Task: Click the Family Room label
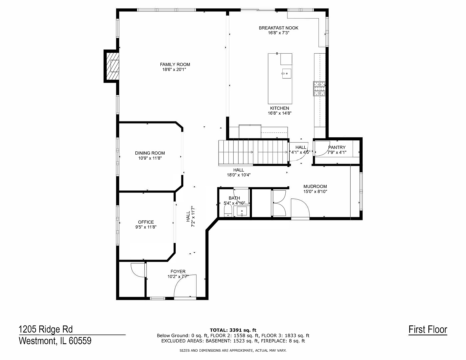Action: (175, 64)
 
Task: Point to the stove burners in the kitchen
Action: (319, 89)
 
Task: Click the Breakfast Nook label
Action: (278, 28)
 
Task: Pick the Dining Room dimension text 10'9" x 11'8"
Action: (150, 158)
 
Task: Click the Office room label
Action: (146, 222)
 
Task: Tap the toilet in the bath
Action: (228, 211)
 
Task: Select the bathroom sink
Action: (242, 211)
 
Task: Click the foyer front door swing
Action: (185, 286)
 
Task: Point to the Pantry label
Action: (337, 147)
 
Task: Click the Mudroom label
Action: (315, 186)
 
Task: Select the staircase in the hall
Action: (253, 152)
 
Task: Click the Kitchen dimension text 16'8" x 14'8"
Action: (280, 113)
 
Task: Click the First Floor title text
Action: (428, 330)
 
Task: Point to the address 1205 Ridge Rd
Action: (46, 329)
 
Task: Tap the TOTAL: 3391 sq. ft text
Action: (233, 330)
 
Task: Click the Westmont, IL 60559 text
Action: (55, 341)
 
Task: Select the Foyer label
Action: (178, 271)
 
